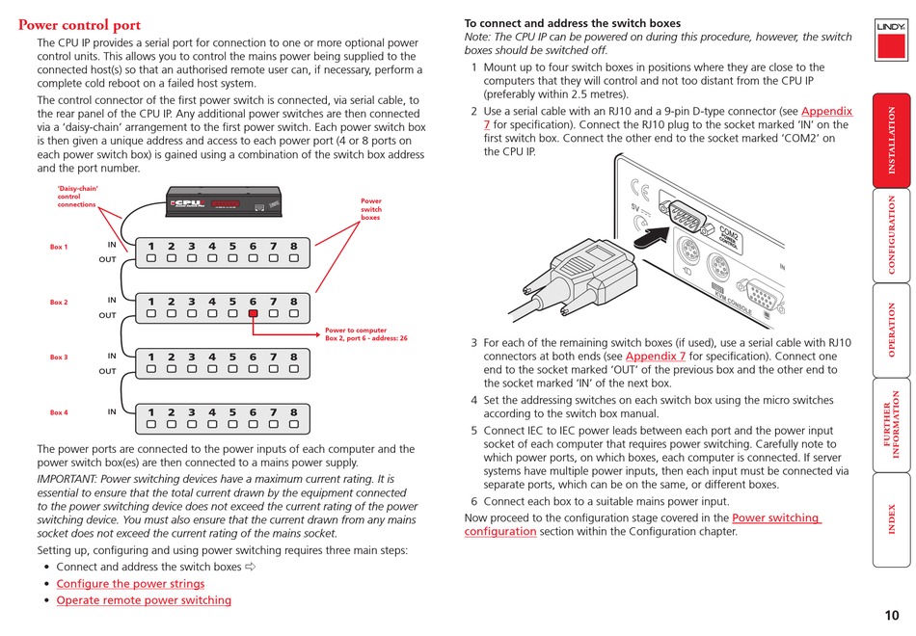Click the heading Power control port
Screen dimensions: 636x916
(79, 25)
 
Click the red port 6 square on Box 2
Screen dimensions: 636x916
(253, 313)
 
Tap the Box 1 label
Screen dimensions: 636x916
(59, 248)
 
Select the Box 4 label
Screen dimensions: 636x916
(59, 412)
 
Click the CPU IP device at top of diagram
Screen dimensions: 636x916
(224, 203)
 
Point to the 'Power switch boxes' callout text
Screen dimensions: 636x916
(371, 209)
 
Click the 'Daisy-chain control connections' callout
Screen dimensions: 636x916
(77, 197)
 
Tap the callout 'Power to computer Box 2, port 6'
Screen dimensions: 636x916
(366, 334)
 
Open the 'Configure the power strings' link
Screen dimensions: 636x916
(130, 583)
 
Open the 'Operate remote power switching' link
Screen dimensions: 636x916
(144, 600)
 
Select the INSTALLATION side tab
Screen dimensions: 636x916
(892, 140)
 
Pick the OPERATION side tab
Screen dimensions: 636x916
(892, 330)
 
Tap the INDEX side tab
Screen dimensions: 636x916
(892, 519)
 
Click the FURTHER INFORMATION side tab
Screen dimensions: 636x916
(892, 424)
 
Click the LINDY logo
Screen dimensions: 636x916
(890, 27)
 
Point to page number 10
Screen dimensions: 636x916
(891, 616)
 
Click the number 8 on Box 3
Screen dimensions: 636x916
(294, 358)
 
